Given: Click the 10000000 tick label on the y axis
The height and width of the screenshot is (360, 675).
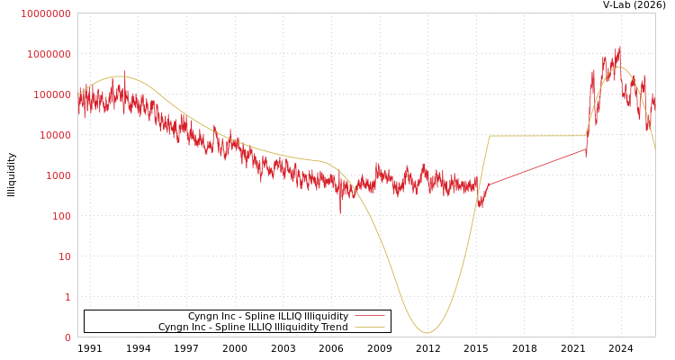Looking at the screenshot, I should point(45,13).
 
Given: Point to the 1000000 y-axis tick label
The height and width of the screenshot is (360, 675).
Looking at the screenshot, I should point(49,54).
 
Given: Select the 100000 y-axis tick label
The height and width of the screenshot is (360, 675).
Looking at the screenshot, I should point(52,94).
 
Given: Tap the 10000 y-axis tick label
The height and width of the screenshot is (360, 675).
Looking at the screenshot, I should point(55,135).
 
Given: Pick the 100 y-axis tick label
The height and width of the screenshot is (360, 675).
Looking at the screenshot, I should point(61,216).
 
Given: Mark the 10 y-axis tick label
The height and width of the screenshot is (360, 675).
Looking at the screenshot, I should point(65,256).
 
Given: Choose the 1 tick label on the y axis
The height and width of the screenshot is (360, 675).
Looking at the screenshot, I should point(67,297).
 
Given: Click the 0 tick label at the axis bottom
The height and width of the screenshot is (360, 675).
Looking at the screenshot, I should point(67,337).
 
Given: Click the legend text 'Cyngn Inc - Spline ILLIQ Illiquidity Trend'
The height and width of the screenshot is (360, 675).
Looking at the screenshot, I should point(253,327).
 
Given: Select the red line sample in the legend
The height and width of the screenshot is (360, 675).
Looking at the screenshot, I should point(369,317).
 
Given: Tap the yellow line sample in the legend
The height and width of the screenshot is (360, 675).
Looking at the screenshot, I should point(369,327).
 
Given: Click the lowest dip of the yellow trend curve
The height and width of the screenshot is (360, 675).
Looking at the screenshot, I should point(427,333).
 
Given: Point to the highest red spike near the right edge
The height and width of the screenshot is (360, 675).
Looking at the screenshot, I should point(619,48).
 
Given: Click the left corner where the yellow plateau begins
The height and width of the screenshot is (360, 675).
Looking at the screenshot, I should point(490,136).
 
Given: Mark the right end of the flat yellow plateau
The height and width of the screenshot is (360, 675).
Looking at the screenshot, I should point(587,136).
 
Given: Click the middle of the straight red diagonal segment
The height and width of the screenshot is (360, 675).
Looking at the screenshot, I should point(537,166).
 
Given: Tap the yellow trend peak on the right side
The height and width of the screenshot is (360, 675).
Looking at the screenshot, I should point(619,67).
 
